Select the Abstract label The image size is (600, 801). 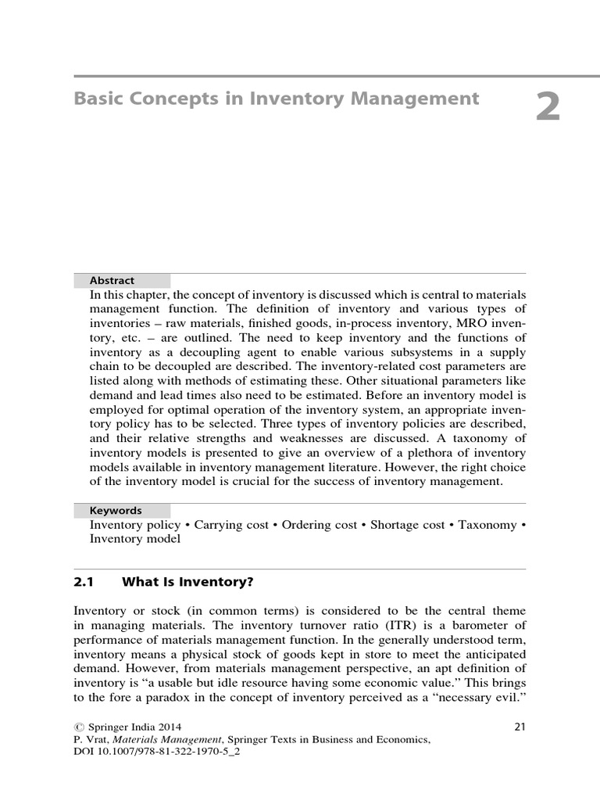112,280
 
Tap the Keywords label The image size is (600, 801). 116,510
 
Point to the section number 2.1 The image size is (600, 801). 84,582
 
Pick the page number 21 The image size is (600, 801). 520,727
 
